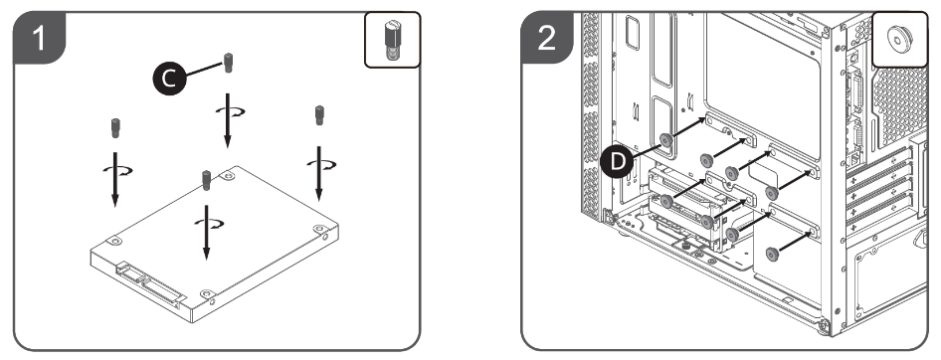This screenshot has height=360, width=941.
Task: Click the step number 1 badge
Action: click(39, 37)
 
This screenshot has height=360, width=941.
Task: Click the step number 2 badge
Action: click(547, 37)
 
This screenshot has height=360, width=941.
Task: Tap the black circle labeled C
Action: click(170, 78)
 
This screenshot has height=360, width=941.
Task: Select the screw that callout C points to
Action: click(228, 63)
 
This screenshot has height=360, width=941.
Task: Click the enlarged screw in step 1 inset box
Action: click(392, 40)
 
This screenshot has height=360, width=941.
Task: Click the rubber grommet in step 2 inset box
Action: click(899, 37)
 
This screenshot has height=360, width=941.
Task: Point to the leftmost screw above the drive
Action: click(115, 128)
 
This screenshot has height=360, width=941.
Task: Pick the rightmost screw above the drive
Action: click(320, 115)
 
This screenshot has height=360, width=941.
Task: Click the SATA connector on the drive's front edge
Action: click(150, 282)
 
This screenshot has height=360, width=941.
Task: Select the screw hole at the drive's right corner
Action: click(318, 229)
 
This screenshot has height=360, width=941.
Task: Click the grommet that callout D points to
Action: click(665, 140)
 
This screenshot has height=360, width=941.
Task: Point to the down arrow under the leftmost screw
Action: click(114, 179)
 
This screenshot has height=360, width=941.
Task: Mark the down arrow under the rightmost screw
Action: click(318, 173)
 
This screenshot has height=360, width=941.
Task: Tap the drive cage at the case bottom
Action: click(699, 210)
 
